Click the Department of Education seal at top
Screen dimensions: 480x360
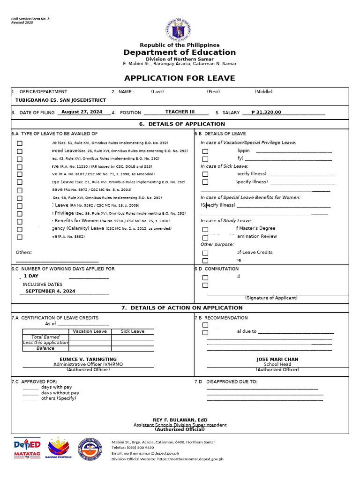point(180,30)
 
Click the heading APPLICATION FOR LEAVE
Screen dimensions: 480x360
point(180,78)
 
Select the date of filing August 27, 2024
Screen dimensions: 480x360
point(82,112)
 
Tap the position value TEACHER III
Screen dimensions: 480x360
point(180,112)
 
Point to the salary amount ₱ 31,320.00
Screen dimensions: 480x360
point(266,112)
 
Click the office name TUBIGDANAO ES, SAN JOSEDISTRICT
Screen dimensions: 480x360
point(60,100)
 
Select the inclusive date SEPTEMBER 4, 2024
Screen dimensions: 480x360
point(50,291)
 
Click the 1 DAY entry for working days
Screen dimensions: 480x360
point(31,276)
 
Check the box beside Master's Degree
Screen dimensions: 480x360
point(205,230)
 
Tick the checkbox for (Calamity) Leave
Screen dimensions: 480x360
point(20,230)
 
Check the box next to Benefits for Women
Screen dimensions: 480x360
point(20,222)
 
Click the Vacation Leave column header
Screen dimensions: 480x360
point(90,331)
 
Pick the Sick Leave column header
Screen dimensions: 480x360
point(133,331)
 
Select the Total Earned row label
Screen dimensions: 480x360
point(45,337)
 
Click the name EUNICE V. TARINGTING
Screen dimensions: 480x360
point(88,359)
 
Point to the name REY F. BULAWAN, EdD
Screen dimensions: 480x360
point(180,420)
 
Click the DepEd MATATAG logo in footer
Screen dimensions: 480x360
point(27,449)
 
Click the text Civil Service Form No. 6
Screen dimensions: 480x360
point(30,19)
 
